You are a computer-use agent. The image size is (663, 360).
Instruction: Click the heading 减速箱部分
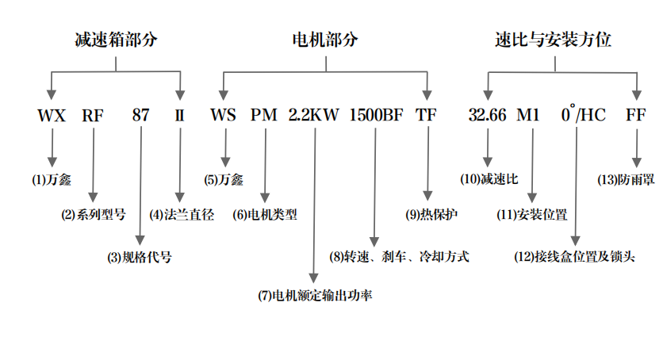point(116,39)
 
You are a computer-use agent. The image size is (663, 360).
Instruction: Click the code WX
point(52,115)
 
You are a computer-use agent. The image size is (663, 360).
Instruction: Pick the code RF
point(93,115)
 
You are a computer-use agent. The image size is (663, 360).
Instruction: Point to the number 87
point(140,115)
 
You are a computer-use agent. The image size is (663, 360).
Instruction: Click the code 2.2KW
point(314,115)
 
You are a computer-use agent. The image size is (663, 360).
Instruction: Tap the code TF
point(426,115)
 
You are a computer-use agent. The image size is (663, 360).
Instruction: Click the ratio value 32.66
point(487,115)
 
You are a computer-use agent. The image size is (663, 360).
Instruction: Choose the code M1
point(528,115)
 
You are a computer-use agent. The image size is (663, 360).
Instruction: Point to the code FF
point(636,115)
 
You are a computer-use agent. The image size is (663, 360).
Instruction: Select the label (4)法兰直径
point(182,214)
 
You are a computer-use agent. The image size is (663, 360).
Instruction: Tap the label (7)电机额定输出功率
point(315,296)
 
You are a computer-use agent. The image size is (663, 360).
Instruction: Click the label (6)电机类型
point(265,214)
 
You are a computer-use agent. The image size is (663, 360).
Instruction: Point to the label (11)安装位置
point(531,214)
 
